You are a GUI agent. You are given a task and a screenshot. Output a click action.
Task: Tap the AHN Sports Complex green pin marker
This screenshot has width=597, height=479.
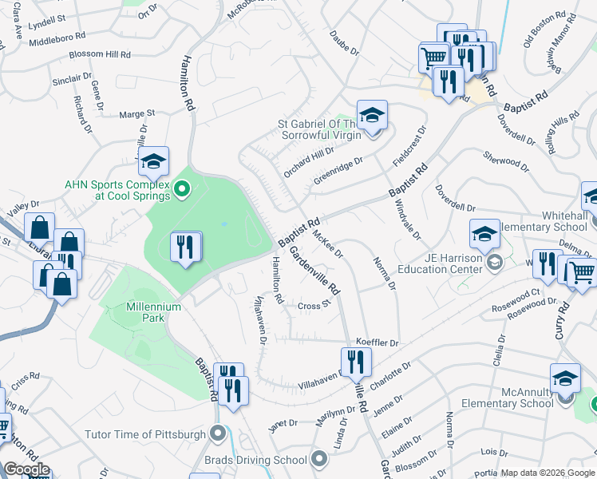[182, 189]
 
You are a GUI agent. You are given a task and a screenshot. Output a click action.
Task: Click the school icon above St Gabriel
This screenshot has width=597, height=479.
[371, 116]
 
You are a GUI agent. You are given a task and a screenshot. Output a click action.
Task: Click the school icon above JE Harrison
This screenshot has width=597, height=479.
[484, 234]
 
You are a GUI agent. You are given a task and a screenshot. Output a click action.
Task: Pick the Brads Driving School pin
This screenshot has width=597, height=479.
[320, 459]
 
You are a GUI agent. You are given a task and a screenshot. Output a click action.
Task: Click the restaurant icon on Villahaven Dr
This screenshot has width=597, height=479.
[356, 363]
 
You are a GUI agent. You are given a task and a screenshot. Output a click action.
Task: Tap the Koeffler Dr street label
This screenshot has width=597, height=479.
[377, 342]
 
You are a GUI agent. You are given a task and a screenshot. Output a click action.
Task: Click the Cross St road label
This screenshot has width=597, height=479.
[314, 306]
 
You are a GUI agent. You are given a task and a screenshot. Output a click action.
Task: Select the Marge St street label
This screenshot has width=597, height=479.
[136, 114]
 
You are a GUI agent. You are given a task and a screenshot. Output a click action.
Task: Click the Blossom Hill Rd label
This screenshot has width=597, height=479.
[101, 54]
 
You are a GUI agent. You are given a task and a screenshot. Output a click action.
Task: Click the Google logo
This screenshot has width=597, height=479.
[26, 469]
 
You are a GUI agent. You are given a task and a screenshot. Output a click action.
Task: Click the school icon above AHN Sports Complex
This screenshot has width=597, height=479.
[153, 163]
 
